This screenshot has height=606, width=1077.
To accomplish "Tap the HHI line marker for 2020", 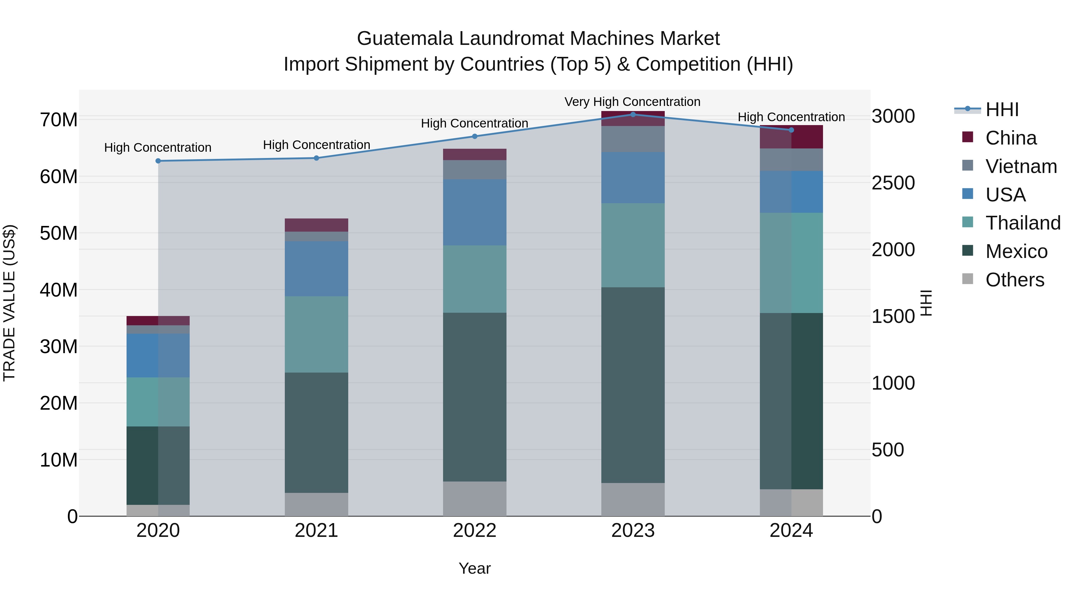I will [x=158, y=161].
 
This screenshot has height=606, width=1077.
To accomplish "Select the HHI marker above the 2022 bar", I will [x=474, y=136].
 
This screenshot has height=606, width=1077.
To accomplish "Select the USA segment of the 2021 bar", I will [x=317, y=269].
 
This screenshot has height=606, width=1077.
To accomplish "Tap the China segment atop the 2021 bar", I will [x=317, y=225].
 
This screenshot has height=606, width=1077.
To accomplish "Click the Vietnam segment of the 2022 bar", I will [x=474, y=170].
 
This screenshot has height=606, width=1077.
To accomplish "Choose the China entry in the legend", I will [x=1011, y=138].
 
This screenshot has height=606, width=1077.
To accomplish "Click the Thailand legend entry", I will [x=1023, y=223].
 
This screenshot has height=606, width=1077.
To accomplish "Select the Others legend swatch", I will [x=968, y=279].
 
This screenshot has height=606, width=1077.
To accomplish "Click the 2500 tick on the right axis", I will [x=893, y=183].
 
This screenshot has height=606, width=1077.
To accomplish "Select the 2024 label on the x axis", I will [x=791, y=531].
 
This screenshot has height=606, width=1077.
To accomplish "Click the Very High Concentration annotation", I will [x=632, y=102].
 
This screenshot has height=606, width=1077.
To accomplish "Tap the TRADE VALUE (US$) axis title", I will [x=9, y=303].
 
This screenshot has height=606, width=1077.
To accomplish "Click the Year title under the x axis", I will [x=474, y=568].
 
